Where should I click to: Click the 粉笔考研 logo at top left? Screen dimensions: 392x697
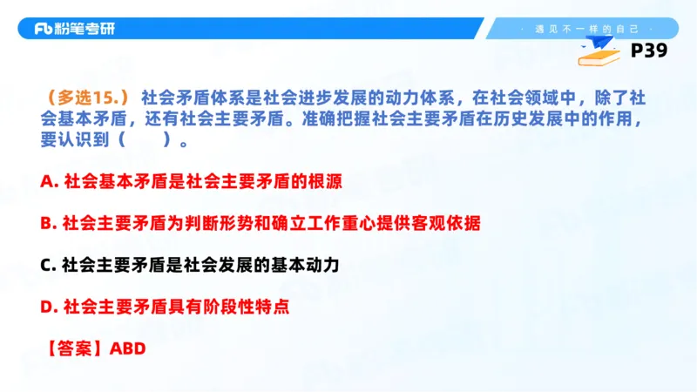click(74, 29)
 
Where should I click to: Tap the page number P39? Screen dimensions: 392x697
click(648, 51)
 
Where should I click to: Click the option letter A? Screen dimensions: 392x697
click(46, 181)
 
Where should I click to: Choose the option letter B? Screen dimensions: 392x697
click(46, 223)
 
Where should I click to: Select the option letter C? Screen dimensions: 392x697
click(46, 265)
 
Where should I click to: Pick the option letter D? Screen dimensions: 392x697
click(46, 307)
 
